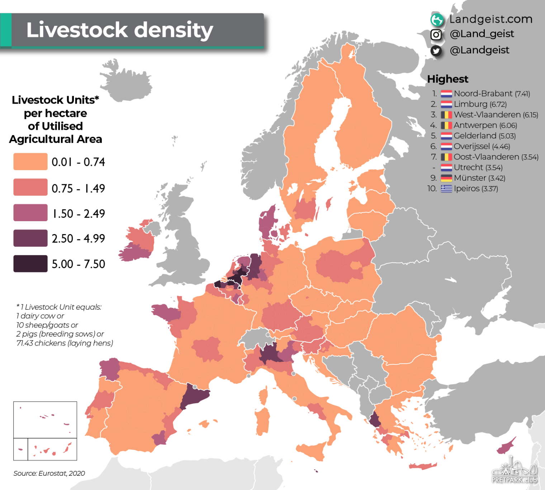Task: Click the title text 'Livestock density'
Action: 120,30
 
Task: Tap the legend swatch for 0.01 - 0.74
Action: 30,162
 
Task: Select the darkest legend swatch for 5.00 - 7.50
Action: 30,263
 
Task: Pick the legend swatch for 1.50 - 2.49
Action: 30,213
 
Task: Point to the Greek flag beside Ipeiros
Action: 446,189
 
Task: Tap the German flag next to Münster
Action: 446,178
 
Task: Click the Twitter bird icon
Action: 436,51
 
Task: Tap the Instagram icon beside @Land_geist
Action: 436,35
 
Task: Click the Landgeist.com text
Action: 491,19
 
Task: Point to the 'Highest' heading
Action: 448,79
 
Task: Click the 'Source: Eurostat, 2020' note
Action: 49,473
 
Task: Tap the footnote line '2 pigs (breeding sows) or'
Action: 60,334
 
